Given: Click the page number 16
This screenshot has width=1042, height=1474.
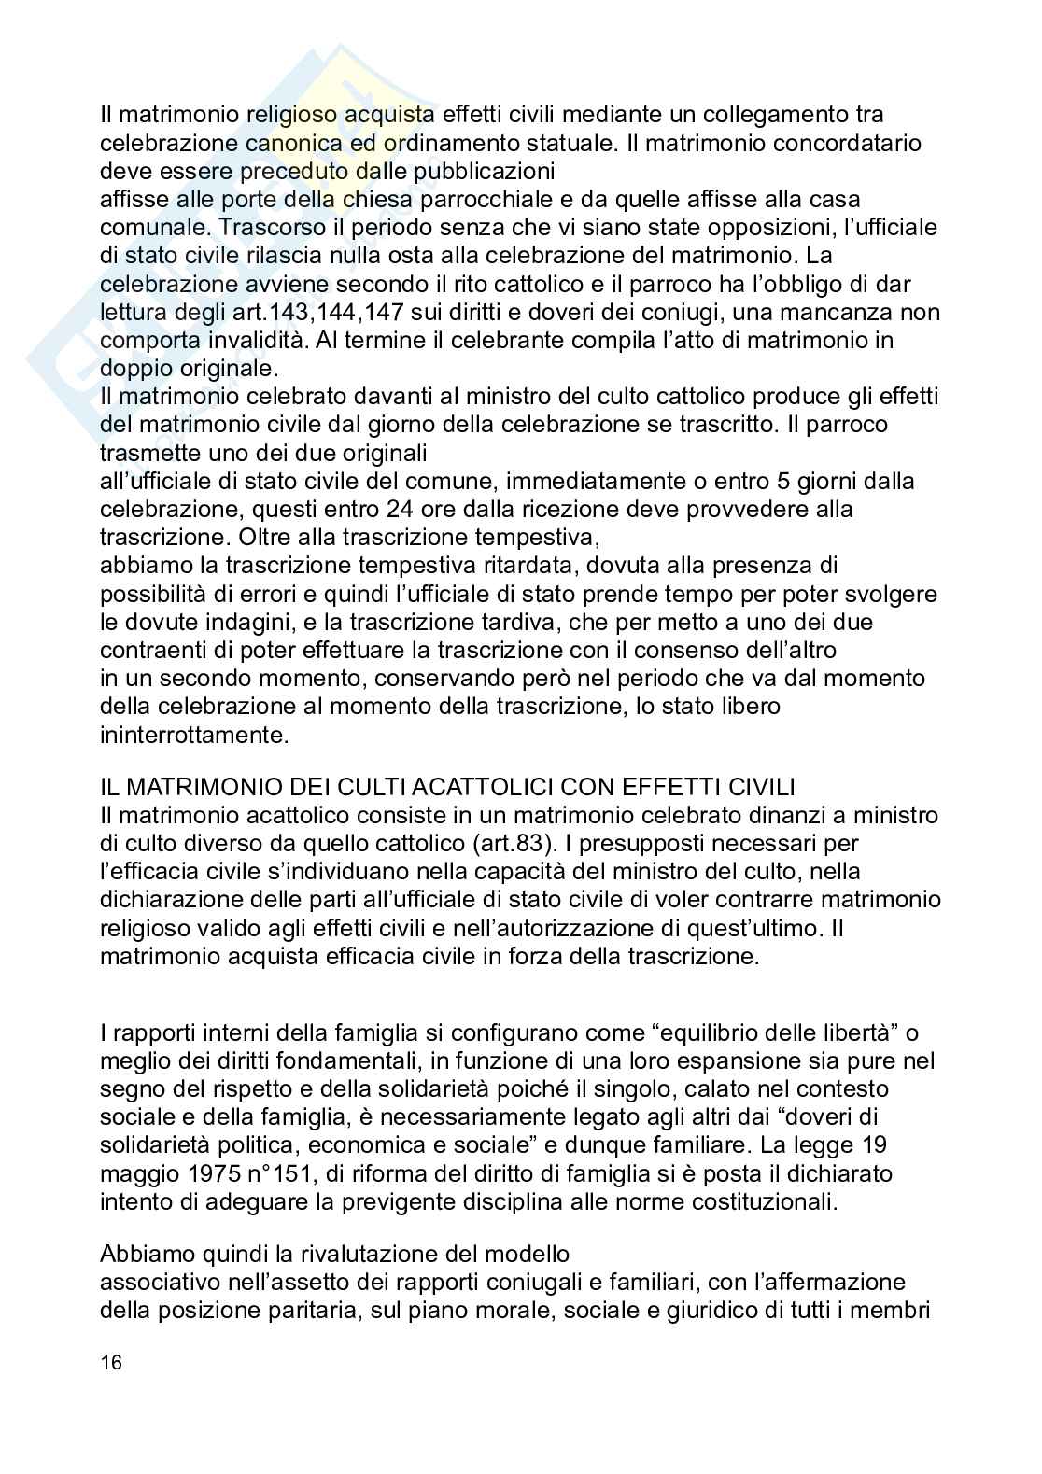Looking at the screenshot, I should [111, 1363].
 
